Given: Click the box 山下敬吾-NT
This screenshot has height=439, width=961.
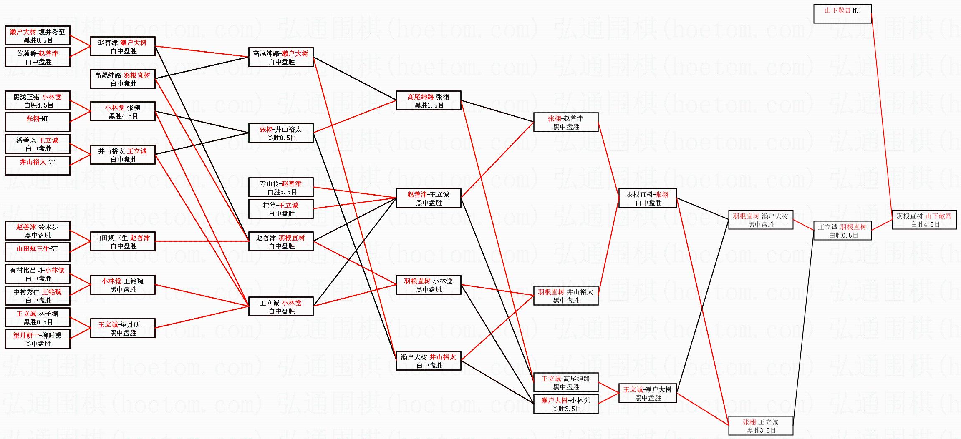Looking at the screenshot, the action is tap(842, 14).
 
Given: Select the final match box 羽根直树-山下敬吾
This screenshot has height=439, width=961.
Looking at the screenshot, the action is tap(924, 220).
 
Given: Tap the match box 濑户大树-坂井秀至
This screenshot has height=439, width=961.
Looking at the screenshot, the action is tap(38, 35).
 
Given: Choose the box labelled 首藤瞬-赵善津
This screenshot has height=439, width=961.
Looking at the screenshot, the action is tap(38, 57).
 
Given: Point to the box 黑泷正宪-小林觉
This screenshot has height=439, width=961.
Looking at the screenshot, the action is tap(38, 100).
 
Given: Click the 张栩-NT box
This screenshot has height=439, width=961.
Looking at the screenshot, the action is tap(38, 122).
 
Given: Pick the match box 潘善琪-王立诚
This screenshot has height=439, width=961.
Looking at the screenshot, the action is tap(38, 144).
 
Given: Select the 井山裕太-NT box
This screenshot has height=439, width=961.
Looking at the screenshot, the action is tap(38, 166).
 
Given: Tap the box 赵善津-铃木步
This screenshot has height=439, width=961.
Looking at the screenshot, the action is tap(38, 231).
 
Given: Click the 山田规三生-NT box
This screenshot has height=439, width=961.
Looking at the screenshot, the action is tap(38, 252).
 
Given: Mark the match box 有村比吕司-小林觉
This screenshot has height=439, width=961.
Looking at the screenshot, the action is tap(38, 274).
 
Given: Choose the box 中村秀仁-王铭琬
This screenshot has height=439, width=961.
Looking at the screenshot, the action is tap(38, 296).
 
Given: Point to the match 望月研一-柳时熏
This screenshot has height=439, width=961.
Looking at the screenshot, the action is tap(38, 339).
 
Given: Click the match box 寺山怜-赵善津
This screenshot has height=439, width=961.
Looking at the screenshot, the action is tap(281, 187).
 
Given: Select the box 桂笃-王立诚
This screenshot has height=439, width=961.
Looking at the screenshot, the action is tap(281, 209).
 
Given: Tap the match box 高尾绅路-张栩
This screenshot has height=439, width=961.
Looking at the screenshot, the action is tap(429, 100).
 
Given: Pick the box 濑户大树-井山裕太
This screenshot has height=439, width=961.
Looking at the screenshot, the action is tap(429, 361).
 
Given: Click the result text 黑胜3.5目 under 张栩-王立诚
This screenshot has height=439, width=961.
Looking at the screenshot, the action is tap(761, 431).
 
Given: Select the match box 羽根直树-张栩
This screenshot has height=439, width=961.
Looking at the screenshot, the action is tap(647, 198).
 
